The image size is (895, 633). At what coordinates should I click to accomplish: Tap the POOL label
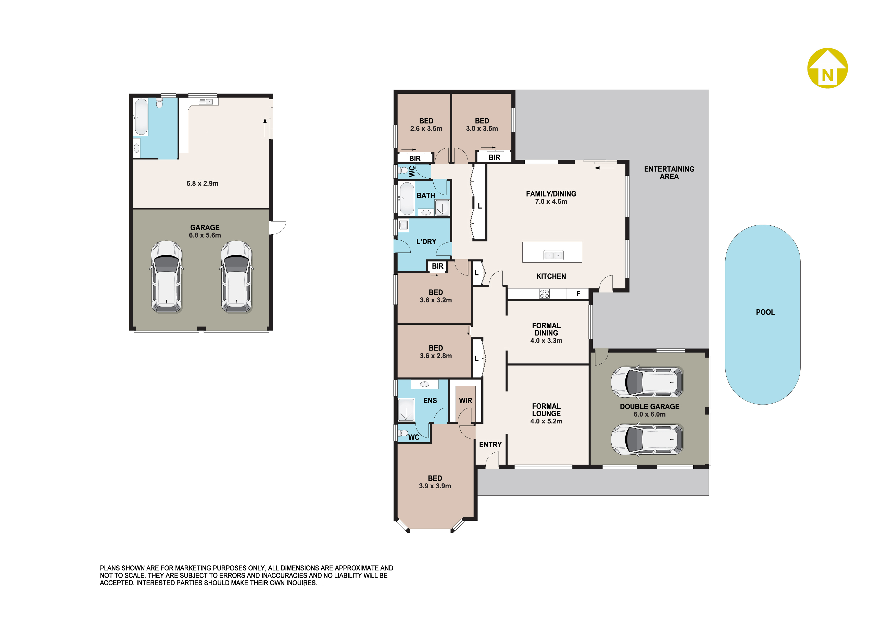coord(765,312)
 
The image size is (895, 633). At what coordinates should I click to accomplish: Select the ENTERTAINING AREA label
coord(669,172)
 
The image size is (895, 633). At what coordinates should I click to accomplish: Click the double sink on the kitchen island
coord(553,255)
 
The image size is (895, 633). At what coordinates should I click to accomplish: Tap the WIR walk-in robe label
coord(465,400)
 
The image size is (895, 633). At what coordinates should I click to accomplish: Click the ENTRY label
coord(490,445)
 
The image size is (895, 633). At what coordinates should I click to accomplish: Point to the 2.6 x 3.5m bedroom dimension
coord(426,129)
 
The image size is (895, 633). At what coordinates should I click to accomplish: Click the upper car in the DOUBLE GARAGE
coord(647,382)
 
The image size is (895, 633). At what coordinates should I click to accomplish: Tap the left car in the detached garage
coord(167,277)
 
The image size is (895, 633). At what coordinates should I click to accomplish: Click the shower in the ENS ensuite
coord(406,409)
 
